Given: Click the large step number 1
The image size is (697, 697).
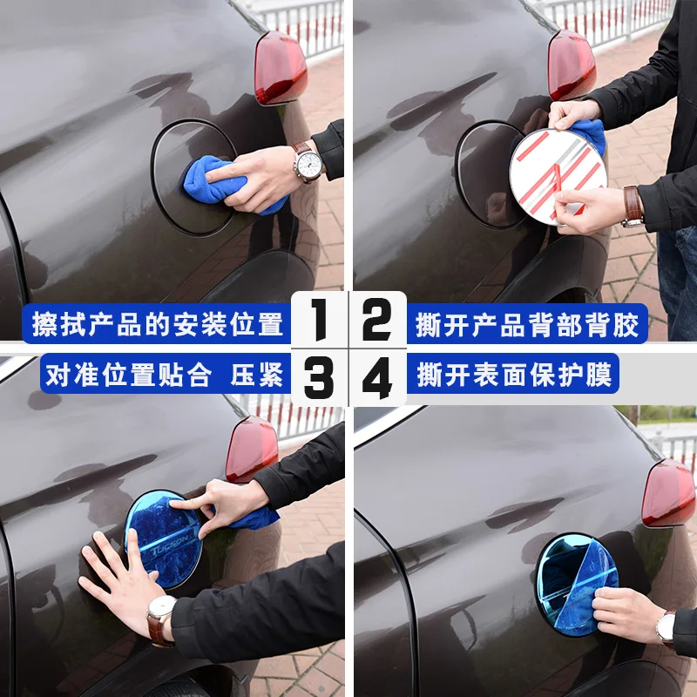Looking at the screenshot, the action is click(320, 320).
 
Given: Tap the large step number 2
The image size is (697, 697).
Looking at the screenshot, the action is click(377, 320).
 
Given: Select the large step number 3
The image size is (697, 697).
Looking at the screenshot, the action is click(319, 377).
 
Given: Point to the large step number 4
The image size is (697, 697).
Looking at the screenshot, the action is click(377, 377).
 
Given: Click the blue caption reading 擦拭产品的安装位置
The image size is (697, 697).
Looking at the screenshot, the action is click(158, 324).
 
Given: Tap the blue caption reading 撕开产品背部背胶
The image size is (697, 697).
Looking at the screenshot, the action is click(527, 324).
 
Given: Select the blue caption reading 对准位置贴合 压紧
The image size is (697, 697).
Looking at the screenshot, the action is click(165, 375).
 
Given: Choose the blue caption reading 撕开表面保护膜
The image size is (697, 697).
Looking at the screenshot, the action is click(514, 375).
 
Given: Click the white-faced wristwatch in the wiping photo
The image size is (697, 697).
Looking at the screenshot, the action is click(308, 163).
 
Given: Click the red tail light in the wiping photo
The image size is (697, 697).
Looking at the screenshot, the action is click(281, 68).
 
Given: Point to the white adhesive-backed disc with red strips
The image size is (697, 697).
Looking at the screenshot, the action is click(558, 177).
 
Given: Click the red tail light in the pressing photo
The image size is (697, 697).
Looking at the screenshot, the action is click(252, 449).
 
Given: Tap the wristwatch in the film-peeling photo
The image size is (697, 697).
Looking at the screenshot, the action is click(666, 628).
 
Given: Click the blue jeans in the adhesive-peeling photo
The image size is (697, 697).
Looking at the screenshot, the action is click(678, 284).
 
